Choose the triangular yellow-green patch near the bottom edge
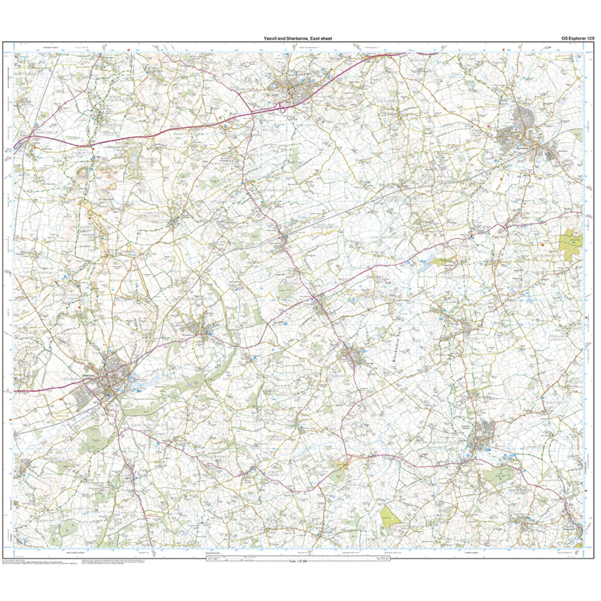[x=389, y=517]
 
